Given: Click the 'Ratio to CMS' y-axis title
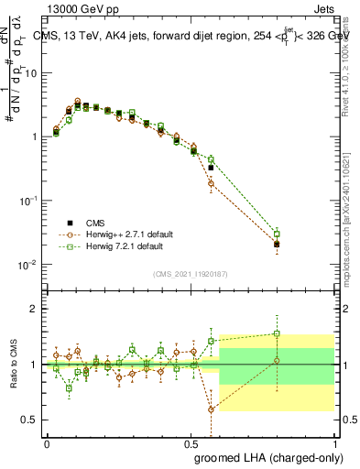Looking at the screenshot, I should (12, 365).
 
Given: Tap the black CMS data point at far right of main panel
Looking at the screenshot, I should (277, 244).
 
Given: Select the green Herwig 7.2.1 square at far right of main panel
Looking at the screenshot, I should (277, 234).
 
